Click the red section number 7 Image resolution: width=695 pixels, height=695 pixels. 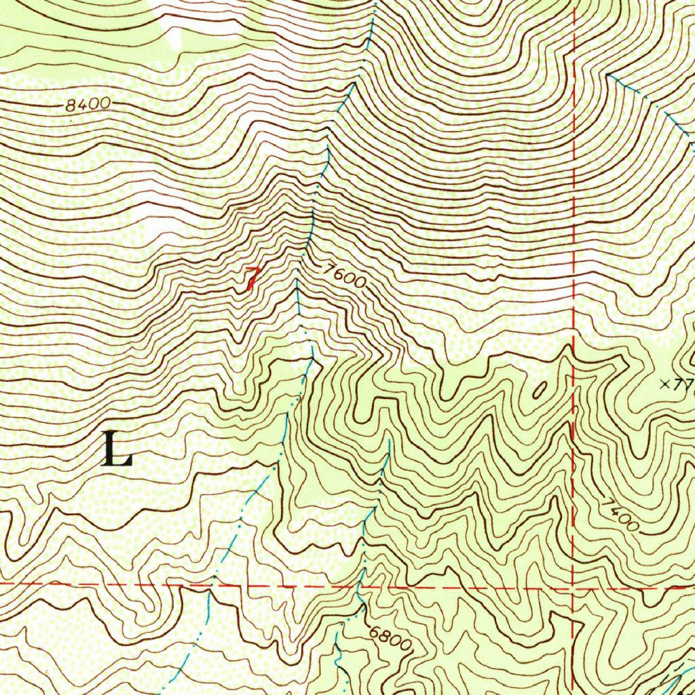(252, 278)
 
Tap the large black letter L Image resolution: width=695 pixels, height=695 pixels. (117, 449)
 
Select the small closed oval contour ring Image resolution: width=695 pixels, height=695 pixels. (540, 390)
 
